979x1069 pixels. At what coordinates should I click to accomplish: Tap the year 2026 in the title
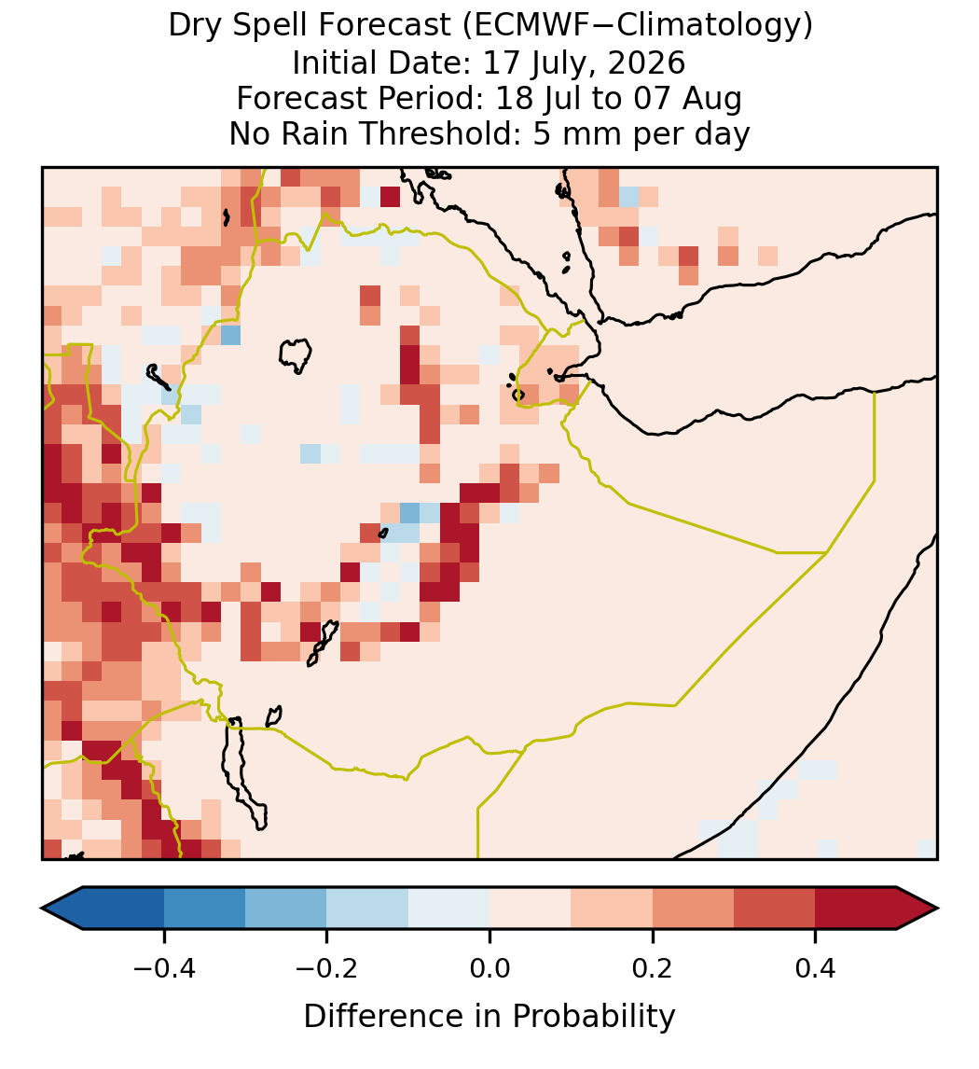point(646,62)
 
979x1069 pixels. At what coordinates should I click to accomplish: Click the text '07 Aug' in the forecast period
point(687,100)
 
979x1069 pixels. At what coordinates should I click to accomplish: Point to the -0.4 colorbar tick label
point(163,968)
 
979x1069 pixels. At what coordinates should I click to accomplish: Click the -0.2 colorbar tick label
point(326,968)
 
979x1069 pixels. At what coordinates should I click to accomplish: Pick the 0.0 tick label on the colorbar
point(489,968)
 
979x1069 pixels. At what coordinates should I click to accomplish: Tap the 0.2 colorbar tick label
point(653,968)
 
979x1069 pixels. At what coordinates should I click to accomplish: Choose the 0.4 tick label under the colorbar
point(816,968)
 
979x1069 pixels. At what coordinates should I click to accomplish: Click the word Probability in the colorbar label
point(593,1017)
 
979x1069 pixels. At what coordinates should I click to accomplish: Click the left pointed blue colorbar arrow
point(62,909)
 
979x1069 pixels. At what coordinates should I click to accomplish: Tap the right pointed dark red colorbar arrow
point(917,909)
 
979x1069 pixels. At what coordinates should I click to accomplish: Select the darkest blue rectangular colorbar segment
point(123,909)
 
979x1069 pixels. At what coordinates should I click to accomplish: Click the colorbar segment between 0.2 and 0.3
point(694,909)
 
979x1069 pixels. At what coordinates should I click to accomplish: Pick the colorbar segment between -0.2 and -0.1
point(367,909)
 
